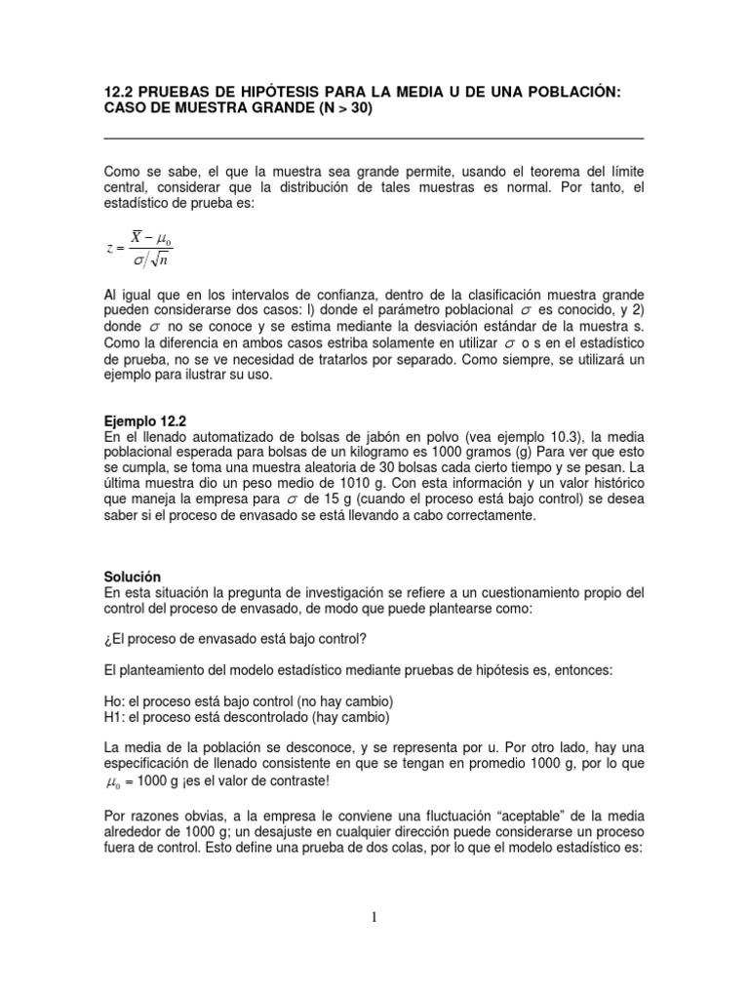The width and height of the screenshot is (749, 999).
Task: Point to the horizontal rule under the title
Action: (x=374, y=138)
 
